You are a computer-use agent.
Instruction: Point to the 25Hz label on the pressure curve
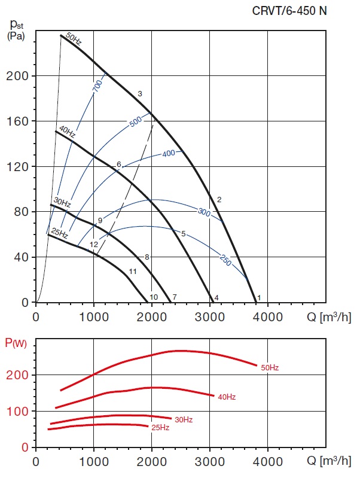(x=59, y=232)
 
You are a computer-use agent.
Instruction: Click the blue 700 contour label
(x=97, y=85)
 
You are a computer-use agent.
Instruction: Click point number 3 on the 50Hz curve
(x=139, y=94)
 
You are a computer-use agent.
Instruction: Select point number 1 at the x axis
(x=259, y=297)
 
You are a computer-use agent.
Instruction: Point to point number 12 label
(x=94, y=245)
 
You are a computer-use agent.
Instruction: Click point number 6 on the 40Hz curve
(x=119, y=165)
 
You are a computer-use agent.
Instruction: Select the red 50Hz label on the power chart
(x=270, y=367)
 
